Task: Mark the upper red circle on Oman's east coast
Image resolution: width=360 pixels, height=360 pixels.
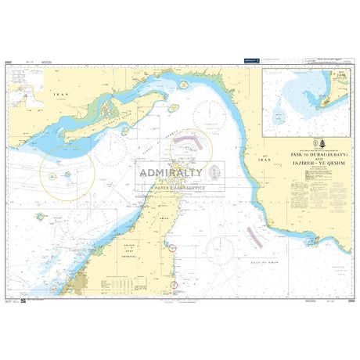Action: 174,248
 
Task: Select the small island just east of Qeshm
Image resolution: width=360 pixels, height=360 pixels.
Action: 173,107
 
